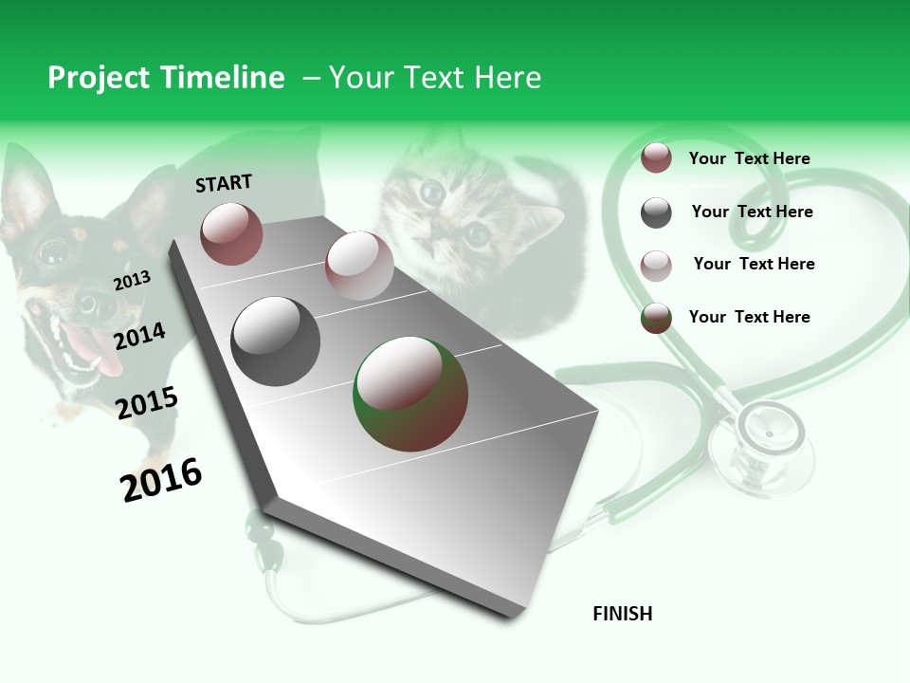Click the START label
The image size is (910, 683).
224,183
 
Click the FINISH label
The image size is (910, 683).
622,614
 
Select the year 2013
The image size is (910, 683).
132,280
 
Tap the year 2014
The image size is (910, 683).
139,336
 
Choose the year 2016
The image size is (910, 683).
161,479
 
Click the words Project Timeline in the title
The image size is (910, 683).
166,78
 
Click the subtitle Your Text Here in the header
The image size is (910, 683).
435,78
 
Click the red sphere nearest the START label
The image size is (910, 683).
231,233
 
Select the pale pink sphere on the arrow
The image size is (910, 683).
359,266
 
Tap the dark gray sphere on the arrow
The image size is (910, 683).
276,341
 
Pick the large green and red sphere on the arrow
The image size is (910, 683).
410,394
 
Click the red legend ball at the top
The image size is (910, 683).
656,158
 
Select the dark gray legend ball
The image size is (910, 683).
656,212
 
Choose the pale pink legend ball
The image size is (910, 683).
656,265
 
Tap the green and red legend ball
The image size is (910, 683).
656,318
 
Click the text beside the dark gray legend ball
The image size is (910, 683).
752,212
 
